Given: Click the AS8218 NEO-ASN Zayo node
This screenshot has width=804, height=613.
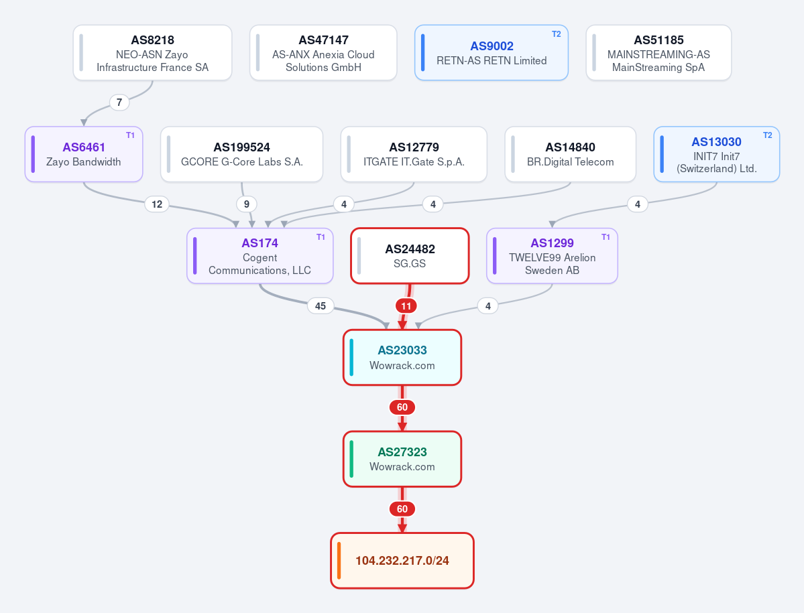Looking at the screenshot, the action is point(152,53).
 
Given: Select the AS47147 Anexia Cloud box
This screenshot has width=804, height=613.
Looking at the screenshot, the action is point(323,53).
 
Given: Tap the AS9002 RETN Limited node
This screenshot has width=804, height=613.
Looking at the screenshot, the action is point(492,53).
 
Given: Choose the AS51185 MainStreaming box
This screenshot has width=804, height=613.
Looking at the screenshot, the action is point(658,53).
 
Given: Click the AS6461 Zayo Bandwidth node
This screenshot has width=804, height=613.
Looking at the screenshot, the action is point(84,154).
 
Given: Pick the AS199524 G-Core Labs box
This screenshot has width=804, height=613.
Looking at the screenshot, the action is point(241,154).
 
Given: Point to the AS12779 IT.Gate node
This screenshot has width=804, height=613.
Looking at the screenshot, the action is point(414,154).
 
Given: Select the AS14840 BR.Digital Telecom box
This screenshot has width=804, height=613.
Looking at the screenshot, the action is point(570,154).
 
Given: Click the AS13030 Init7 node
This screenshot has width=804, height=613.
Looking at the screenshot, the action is point(716,154).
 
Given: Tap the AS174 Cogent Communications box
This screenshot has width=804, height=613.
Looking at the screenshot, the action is point(260,255).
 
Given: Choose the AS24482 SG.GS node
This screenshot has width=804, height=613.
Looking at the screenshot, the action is point(410,255).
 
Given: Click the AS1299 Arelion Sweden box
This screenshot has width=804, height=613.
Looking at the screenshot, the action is point(552,255).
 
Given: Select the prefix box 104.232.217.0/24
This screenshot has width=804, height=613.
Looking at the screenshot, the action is point(402,561).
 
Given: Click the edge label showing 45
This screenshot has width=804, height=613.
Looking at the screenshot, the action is point(321,305).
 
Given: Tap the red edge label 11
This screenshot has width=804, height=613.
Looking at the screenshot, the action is point(406,306).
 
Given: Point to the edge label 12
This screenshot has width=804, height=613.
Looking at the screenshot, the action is point(157,204).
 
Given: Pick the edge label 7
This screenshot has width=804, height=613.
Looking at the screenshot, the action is point(119,103).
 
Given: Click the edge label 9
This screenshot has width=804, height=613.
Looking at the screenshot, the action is point(247,204).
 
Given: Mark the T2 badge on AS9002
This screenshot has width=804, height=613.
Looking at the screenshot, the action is point(557,34).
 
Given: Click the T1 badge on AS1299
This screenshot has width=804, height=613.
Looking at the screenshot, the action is point(606,237).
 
